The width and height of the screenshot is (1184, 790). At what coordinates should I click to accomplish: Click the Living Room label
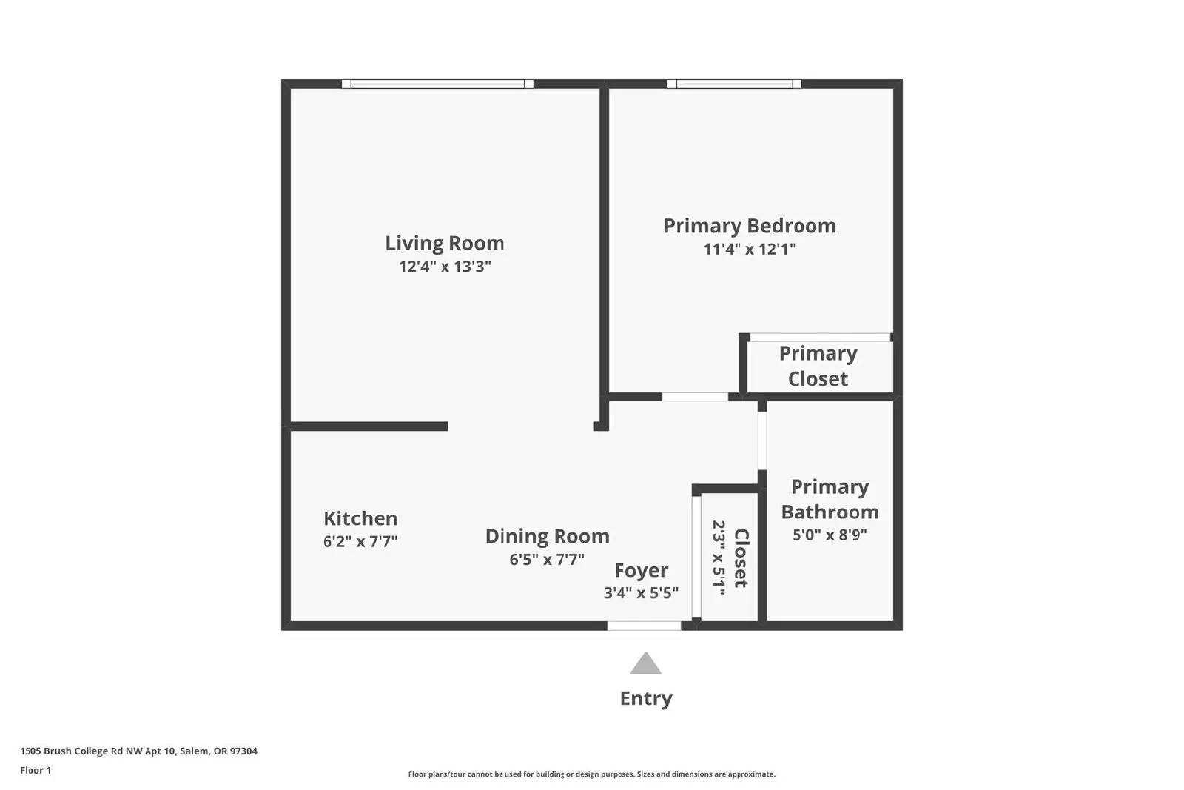click(x=444, y=243)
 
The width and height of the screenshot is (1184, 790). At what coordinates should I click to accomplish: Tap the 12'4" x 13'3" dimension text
click(x=445, y=267)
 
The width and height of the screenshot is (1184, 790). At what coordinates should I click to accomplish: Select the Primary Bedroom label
click(x=749, y=226)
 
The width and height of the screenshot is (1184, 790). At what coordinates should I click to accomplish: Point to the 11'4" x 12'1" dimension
click(x=749, y=249)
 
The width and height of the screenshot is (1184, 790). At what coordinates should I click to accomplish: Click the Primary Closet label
click(x=818, y=366)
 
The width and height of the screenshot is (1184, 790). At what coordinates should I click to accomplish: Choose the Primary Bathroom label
click(x=830, y=499)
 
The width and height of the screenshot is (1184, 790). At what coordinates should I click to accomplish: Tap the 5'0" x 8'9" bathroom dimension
click(x=830, y=535)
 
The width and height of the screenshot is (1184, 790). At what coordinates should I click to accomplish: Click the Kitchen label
click(x=360, y=518)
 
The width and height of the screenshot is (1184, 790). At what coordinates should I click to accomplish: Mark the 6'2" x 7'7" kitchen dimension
click(x=360, y=541)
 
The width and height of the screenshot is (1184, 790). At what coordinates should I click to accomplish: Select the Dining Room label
click(x=547, y=536)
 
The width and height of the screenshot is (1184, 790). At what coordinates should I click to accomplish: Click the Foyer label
click(x=641, y=570)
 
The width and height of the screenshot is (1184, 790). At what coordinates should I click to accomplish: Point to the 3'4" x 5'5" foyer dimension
click(x=641, y=593)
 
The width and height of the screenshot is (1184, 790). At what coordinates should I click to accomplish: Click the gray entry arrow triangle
click(x=645, y=665)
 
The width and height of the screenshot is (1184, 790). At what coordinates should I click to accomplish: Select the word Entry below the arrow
click(x=645, y=698)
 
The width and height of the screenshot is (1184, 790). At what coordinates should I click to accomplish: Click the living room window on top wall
click(x=437, y=84)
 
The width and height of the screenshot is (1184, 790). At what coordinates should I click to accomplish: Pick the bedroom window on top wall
click(x=734, y=84)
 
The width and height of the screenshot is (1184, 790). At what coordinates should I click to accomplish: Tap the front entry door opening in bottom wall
click(x=644, y=626)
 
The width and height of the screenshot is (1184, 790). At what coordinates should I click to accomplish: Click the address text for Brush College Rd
click(x=138, y=751)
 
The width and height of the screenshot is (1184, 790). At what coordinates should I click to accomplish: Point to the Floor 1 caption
click(x=36, y=770)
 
